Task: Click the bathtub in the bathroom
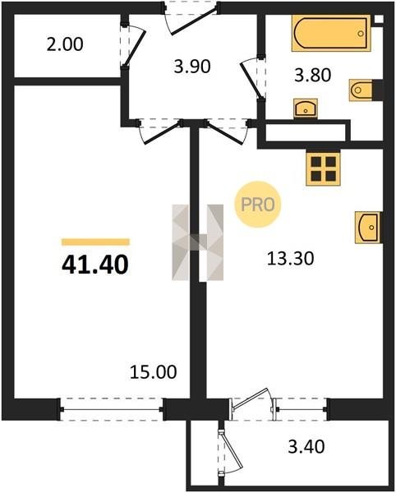click(331, 33)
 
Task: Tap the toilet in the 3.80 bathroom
click(361, 90)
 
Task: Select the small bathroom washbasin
click(306, 108)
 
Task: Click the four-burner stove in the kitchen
click(323, 168)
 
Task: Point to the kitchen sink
click(368, 228)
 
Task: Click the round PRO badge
click(258, 205)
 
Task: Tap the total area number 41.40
click(95, 265)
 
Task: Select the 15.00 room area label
click(154, 372)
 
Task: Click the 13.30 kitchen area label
click(290, 259)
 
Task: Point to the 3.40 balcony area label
click(306, 446)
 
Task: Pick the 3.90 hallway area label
click(192, 67)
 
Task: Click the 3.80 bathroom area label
click(313, 76)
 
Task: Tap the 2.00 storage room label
click(65, 44)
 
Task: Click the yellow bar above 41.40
click(95, 242)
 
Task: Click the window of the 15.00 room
click(111, 409)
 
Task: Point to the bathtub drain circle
click(361, 34)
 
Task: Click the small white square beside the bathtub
click(379, 19)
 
